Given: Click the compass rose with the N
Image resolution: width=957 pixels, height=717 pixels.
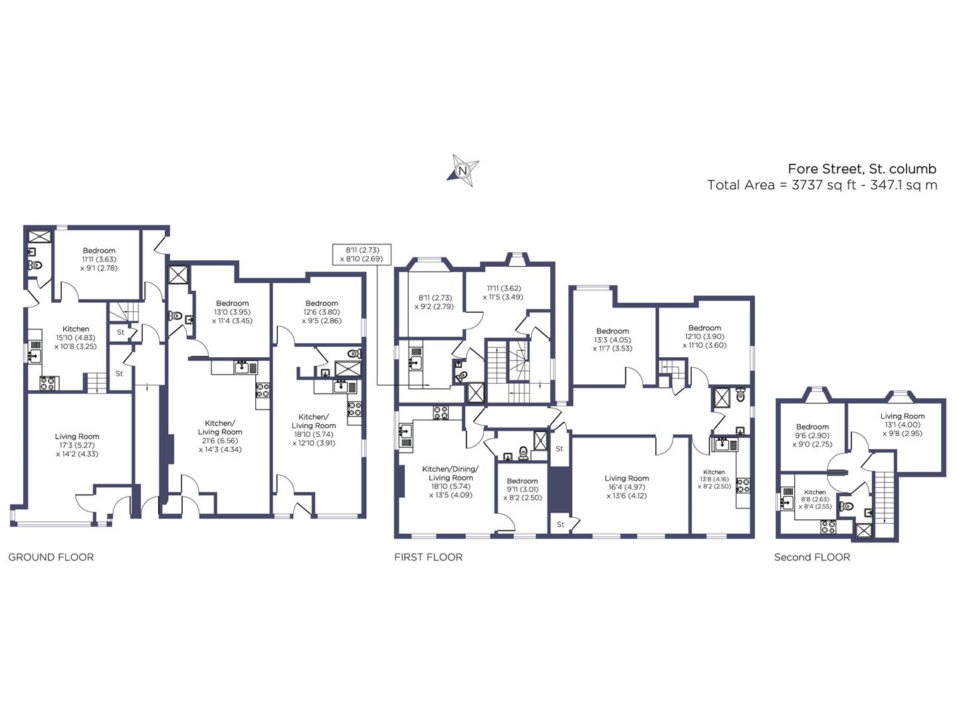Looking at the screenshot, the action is pos(463,170).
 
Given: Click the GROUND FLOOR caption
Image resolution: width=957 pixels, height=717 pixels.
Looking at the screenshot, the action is pos(51,557).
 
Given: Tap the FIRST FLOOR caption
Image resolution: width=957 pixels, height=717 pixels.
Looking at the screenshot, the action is pos(428,557).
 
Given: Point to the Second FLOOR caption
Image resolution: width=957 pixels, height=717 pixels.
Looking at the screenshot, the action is pos(812,557).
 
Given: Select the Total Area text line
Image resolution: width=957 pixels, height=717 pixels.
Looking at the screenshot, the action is pos(822,185).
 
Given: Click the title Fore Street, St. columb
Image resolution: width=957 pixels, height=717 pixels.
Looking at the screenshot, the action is pos(862,169).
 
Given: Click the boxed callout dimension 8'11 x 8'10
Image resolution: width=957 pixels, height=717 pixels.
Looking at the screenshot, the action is pos(362,254).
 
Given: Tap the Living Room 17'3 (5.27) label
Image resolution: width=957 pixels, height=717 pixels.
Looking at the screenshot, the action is pos(77,445).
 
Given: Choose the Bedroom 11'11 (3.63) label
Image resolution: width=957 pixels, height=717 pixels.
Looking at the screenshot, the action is pos(100,259).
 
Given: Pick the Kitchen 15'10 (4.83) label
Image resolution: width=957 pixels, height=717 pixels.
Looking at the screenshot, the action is pos(75,337).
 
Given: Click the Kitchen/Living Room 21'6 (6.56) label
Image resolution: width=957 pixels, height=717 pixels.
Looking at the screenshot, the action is pos(220,436).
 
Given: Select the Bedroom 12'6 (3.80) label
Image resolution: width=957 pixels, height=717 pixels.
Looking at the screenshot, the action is pos(322,312).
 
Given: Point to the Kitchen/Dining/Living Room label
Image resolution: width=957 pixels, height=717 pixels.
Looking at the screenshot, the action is pos(451,481).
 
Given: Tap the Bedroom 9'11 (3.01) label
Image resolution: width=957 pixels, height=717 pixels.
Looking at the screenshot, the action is pos(522,489).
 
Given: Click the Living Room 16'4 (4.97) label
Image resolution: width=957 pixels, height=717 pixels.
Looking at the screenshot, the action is pos(627,487).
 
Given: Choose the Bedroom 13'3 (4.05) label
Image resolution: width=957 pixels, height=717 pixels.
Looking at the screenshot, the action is pos(613,339).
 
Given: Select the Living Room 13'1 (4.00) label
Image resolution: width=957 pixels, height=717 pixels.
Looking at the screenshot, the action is pos(902,424).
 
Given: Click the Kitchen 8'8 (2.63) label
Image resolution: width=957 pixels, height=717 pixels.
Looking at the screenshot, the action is pos(815,499).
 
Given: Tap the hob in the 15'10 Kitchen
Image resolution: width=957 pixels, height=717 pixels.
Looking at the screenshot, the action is pos(48,384).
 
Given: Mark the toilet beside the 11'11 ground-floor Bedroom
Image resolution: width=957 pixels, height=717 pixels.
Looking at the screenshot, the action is pos(35,265).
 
